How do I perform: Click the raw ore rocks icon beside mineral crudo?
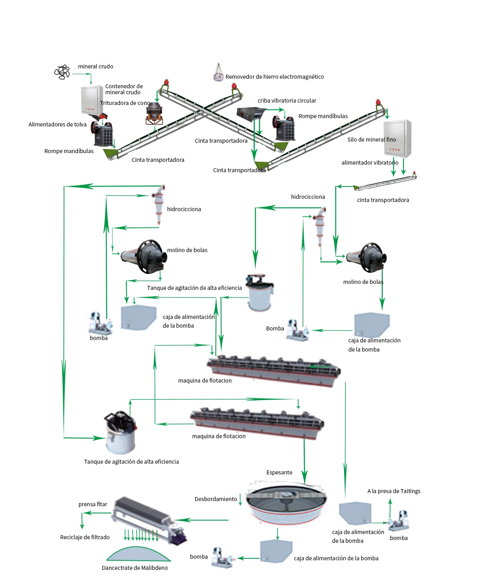tap(62, 72)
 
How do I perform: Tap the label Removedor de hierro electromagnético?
tap(274, 77)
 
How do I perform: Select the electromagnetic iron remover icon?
tap(218, 72)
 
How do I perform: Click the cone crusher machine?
tap(154, 113)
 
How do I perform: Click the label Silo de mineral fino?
tap(371, 140)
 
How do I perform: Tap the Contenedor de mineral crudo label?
tap(124, 89)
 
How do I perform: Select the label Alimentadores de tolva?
tap(57, 124)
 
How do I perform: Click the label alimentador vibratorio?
tap(370, 163)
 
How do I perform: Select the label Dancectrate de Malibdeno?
tap(135, 567)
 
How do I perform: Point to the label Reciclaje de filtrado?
tap(85, 537)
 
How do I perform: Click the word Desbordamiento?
tap(215, 499)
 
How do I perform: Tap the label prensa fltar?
tap(93, 504)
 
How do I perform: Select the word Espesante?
tap(279, 472)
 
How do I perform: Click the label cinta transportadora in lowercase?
tap(383, 200)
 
